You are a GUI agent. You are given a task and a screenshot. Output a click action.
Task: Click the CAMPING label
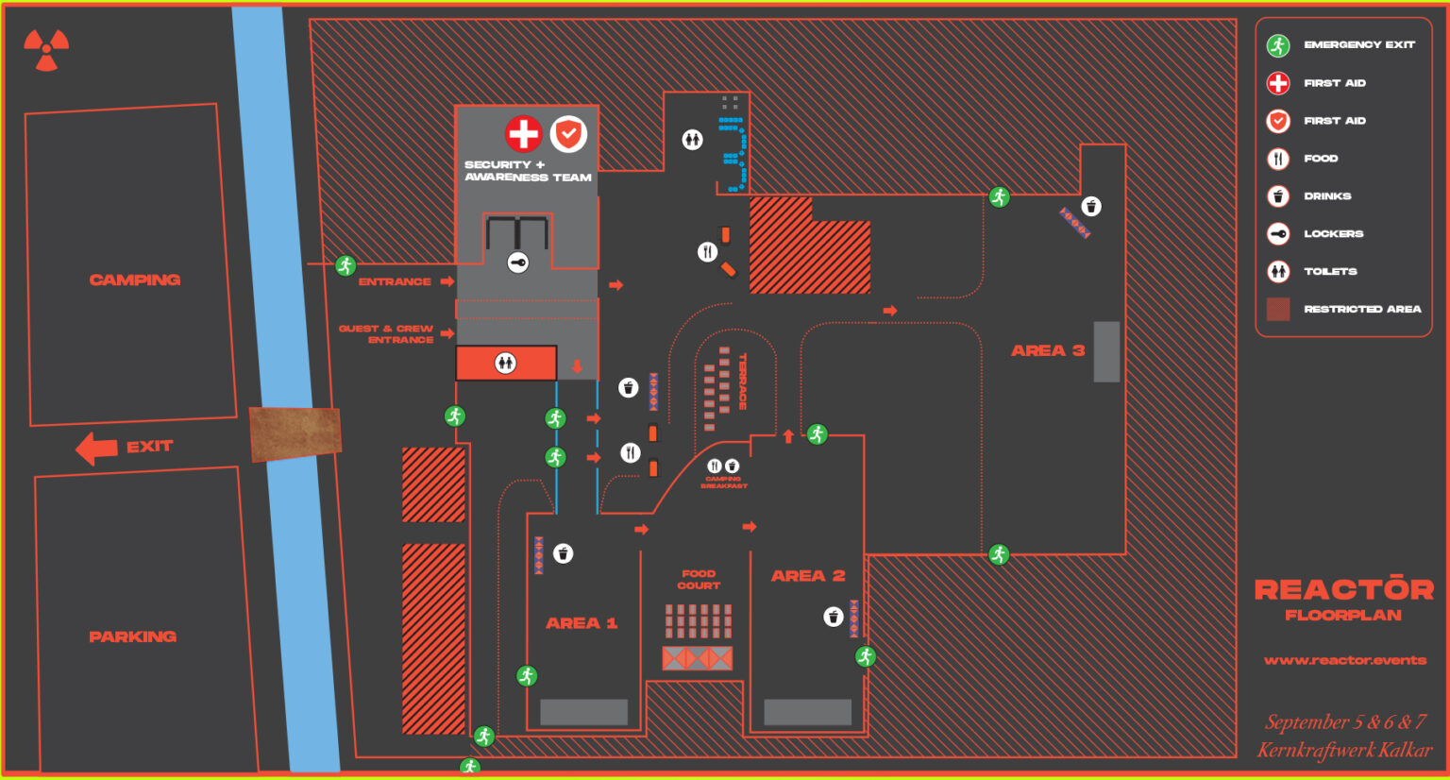(x=135, y=280)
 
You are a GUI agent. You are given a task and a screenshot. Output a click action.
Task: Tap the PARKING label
(x=132, y=636)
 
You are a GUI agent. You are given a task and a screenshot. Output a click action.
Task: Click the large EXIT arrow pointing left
(x=96, y=449)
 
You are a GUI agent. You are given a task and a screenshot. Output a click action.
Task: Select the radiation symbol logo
(x=46, y=50)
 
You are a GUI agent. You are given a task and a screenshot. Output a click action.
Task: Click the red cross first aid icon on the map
(x=523, y=134)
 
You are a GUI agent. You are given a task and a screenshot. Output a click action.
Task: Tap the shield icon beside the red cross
(x=568, y=134)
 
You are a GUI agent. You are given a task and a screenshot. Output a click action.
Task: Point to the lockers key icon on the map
(x=518, y=263)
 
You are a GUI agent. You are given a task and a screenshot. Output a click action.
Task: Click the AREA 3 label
(x=1048, y=350)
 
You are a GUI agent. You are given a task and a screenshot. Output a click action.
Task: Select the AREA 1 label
(x=582, y=623)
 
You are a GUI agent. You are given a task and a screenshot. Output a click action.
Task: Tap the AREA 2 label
(x=808, y=576)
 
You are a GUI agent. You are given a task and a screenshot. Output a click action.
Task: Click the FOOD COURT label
(x=699, y=580)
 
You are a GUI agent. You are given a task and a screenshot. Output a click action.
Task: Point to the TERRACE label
(x=743, y=381)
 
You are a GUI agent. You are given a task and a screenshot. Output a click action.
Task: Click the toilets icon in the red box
(x=506, y=363)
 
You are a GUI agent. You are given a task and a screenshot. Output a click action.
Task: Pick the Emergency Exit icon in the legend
(x=1278, y=45)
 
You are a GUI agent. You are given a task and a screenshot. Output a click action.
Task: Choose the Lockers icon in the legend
(x=1278, y=234)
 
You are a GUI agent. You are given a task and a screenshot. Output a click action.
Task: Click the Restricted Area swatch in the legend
(x=1278, y=309)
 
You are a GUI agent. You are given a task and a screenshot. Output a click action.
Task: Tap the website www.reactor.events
(x=1345, y=660)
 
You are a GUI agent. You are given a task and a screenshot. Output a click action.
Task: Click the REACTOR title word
(x=1343, y=590)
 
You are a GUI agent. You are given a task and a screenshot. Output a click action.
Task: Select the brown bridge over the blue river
(x=295, y=434)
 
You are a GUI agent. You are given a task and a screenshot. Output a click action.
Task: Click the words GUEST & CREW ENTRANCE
(x=387, y=333)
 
